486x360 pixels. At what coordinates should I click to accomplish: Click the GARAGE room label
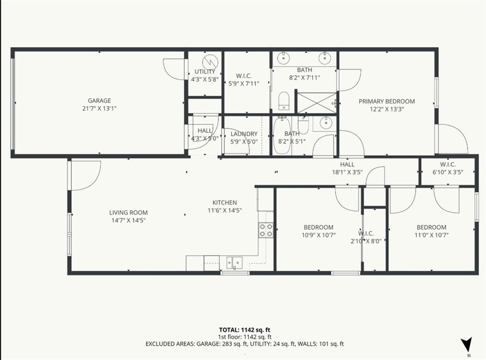[99, 101]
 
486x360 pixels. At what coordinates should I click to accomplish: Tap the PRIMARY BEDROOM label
[386, 102]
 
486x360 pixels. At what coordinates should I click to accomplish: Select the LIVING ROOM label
[128, 212]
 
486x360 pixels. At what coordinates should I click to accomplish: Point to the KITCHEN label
[224, 203]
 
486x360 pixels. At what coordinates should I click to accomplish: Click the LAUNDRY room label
[244, 134]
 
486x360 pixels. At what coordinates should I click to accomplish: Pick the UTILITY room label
[205, 72]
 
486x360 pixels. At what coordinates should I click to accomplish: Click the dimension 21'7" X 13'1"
[99, 109]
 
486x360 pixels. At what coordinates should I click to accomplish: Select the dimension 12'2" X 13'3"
[387, 109]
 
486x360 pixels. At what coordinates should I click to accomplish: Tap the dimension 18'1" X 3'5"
[347, 172]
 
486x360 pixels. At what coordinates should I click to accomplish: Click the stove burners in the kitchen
[266, 230]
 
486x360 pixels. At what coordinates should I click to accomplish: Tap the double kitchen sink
[234, 263]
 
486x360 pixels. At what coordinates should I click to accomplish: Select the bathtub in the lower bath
[282, 136]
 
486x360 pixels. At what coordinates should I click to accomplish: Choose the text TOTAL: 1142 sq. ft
[244, 330]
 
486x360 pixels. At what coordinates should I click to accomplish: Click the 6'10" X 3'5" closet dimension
[448, 172]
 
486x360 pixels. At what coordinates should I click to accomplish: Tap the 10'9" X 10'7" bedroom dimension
[318, 235]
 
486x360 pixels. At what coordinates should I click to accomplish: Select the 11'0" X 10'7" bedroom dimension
[431, 235]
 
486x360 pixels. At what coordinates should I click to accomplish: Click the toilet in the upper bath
[284, 101]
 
